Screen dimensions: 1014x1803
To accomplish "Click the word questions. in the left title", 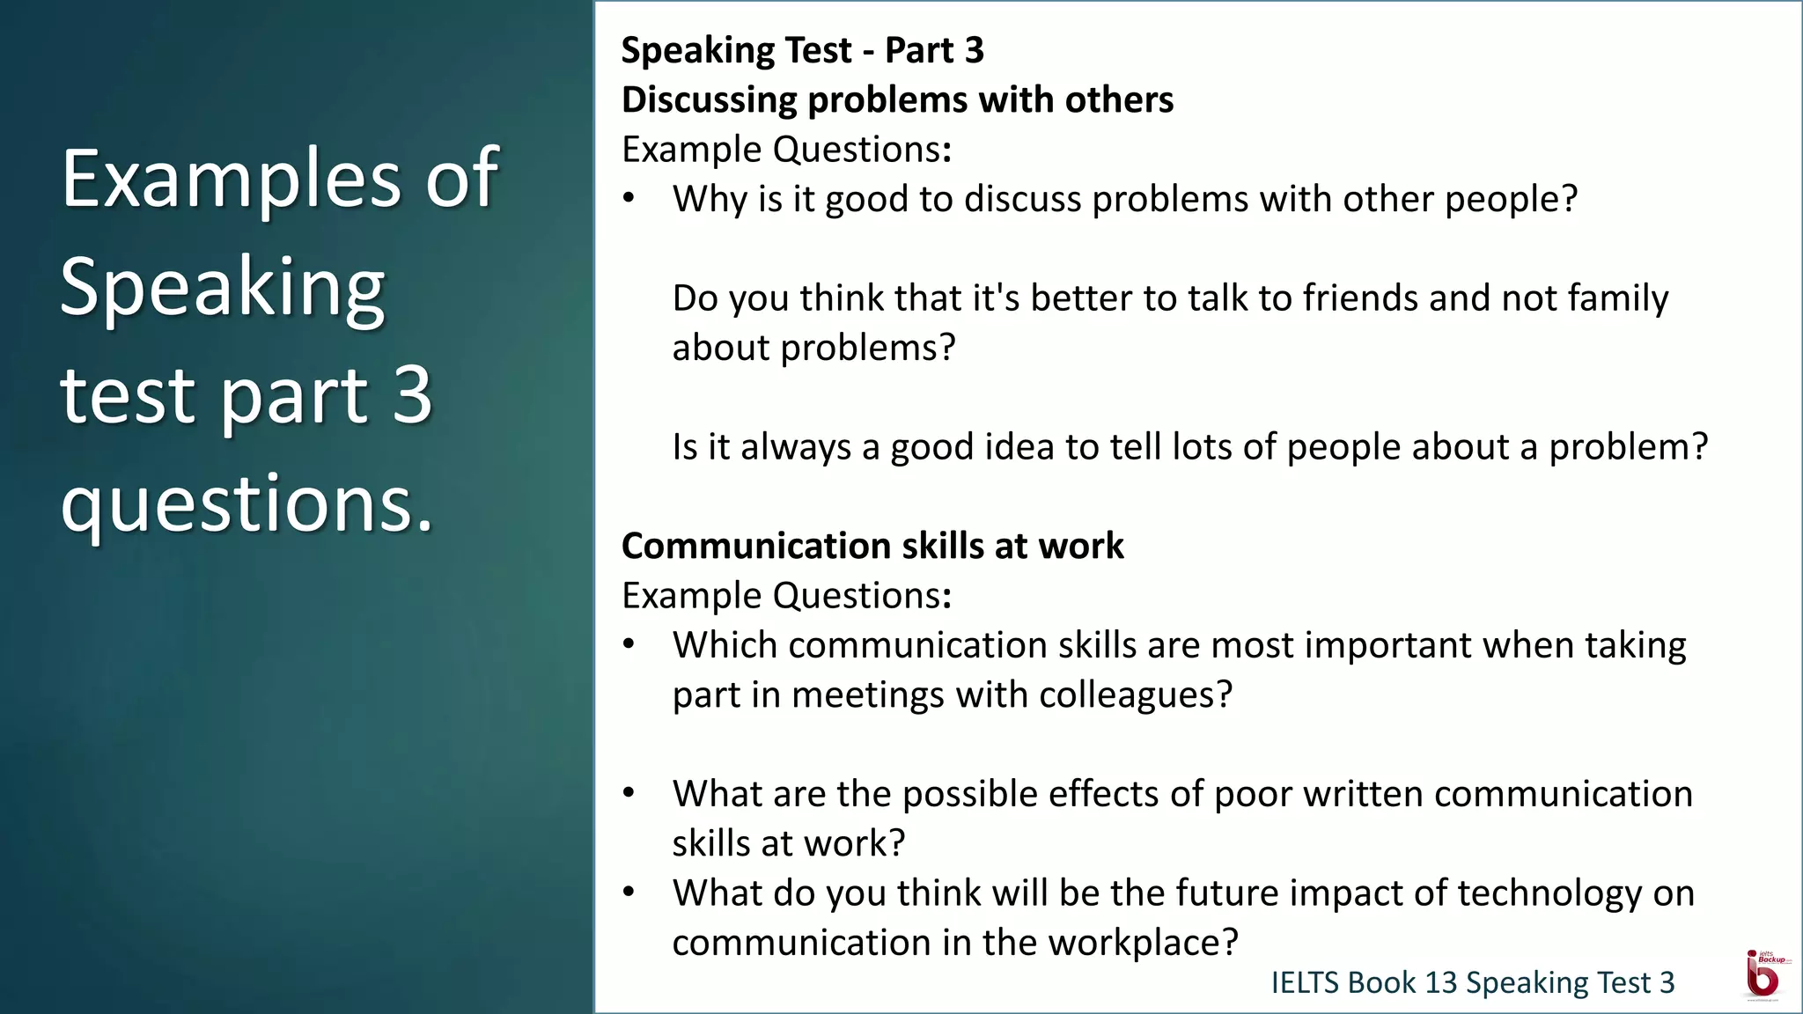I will [247, 503].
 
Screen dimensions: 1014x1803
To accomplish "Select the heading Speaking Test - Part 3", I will [802, 50].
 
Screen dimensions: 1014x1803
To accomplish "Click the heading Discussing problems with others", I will [897, 99].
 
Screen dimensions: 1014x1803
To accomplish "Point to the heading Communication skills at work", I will [872, 546].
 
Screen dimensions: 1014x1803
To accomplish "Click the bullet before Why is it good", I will [629, 198].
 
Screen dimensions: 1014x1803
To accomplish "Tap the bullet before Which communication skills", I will [629, 644].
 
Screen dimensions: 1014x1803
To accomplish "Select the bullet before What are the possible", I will [629, 793].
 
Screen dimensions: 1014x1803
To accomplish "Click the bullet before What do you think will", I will [629, 893].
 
